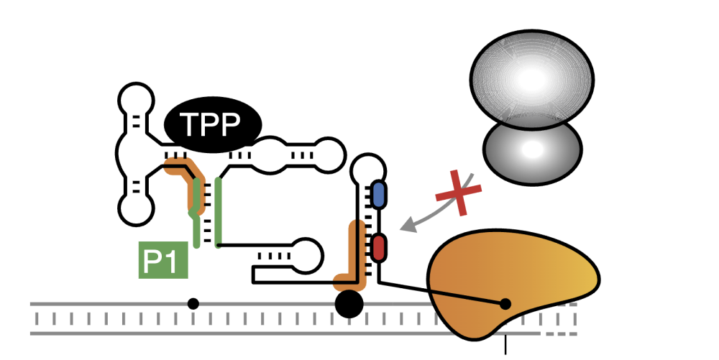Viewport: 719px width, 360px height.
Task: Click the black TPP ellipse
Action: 213,126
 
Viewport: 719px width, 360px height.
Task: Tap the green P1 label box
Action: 162,260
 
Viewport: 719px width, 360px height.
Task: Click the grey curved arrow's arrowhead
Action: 407,227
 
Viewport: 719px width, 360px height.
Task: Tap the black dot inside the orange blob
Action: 505,304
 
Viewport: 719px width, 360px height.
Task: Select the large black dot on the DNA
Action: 349,304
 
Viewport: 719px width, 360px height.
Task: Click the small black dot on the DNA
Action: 193,304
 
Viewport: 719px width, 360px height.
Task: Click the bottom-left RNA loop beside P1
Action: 136,208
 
